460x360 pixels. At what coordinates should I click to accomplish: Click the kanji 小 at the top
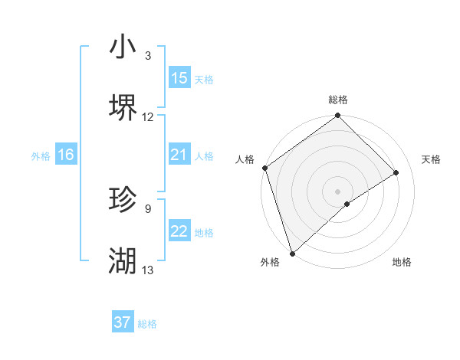pyautogui.click(x=123, y=47)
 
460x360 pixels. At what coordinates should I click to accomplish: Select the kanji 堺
pyautogui.click(x=123, y=108)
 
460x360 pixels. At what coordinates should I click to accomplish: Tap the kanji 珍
pyautogui.click(x=123, y=200)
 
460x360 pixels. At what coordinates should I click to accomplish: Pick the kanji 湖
pyautogui.click(x=123, y=261)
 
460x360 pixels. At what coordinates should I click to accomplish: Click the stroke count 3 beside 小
pyautogui.click(x=148, y=56)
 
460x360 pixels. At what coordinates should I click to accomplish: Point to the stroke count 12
pyautogui.click(x=148, y=117)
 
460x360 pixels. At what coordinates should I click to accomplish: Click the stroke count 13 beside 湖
pyautogui.click(x=148, y=270)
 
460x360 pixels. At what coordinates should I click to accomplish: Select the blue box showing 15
pyautogui.click(x=179, y=78)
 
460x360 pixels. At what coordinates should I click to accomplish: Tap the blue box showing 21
pyautogui.click(x=179, y=155)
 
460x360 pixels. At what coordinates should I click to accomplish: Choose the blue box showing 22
pyautogui.click(x=179, y=231)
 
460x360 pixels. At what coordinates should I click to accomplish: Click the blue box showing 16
pyautogui.click(x=66, y=155)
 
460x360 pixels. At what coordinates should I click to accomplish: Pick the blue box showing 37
pyautogui.click(x=123, y=322)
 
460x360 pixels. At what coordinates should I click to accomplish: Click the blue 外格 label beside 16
pyautogui.click(x=41, y=155)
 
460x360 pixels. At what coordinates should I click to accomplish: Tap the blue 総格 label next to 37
pyautogui.click(x=147, y=324)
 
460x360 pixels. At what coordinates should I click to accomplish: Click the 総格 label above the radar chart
pyautogui.click(x=338, y=100)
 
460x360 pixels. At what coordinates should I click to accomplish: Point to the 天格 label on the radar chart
pyautogui.click(x=431, y=159)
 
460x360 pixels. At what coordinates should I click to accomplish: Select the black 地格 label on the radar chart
pyautogui.click(x=402, y=262)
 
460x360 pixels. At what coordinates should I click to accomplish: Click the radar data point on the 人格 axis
pyautogui.click(x=264, y=168)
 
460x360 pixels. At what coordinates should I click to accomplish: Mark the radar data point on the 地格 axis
pyautogui.click(x=347, y=204)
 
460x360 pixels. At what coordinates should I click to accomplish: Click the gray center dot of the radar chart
pyautogui.click(x=337, y=191)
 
